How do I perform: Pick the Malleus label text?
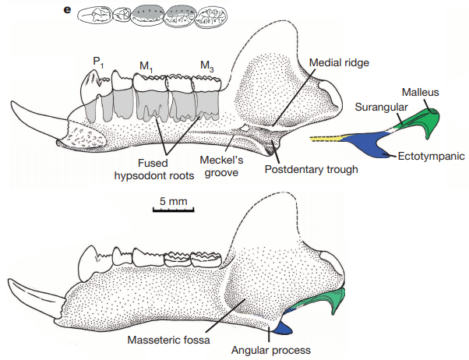420,93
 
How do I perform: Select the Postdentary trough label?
311,169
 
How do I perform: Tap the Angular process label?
272,349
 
